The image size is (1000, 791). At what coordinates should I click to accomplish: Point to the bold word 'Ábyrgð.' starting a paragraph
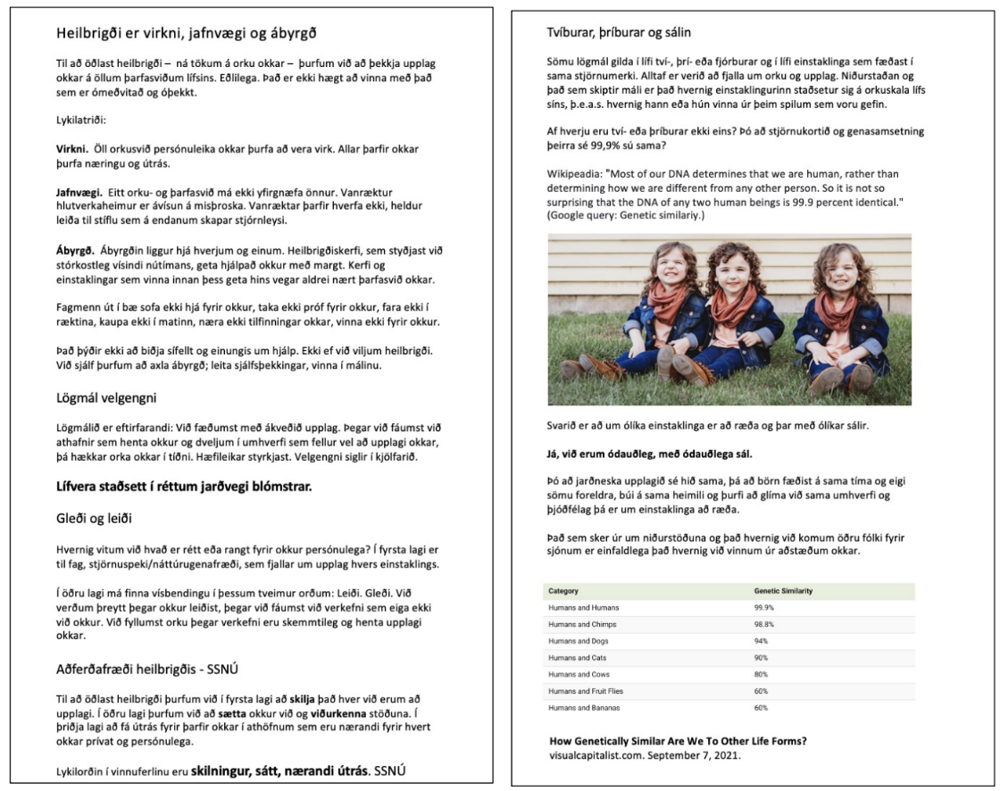[74, 251]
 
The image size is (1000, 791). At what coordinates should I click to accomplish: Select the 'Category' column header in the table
[564, 591]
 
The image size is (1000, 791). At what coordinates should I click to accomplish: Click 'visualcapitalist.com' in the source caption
[594, 755]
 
